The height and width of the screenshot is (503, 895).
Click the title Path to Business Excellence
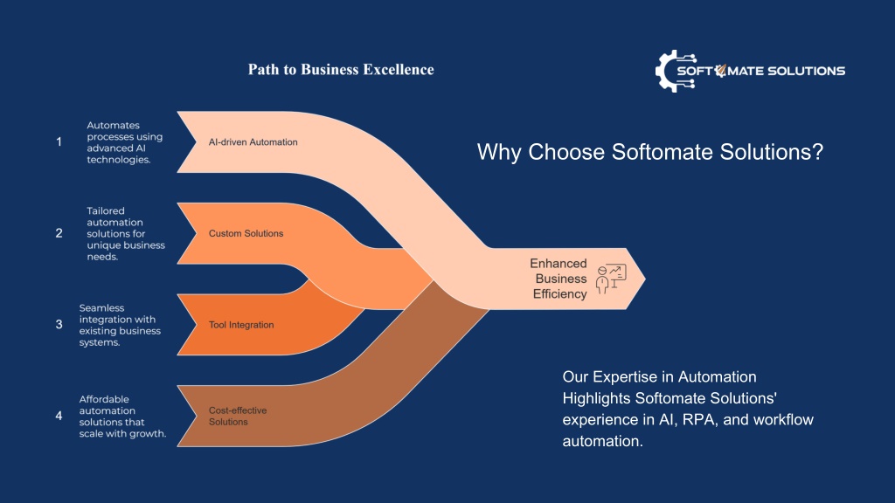(x=341, y=70)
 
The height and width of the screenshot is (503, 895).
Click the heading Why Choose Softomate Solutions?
(x=650, y=152)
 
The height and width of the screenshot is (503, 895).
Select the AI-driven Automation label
(x=253, y=142)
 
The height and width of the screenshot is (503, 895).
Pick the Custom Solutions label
(x=246, y=233)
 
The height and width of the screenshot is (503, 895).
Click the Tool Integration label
(x=241, y=325)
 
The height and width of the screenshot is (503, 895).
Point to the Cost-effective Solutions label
(x=238, y=416)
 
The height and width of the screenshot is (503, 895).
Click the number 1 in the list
(x=59, y=141)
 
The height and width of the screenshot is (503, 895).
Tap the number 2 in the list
(x=59, y=232)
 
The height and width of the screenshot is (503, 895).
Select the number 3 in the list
(x=59, y=324)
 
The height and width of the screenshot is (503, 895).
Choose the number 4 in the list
(x=59, y=415)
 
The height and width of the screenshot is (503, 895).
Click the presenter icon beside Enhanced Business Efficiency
(x=611, y=279)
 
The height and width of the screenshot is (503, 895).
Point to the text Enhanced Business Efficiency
(x=559, y=279)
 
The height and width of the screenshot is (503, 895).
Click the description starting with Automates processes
(x=124, y=142)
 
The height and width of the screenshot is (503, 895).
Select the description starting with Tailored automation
(x=126, y=233)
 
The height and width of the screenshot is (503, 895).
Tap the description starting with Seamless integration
(x=120, y=325)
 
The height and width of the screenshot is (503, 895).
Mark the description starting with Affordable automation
(x=122, y=416)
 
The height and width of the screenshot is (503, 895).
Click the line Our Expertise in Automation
(x=659, y=377)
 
